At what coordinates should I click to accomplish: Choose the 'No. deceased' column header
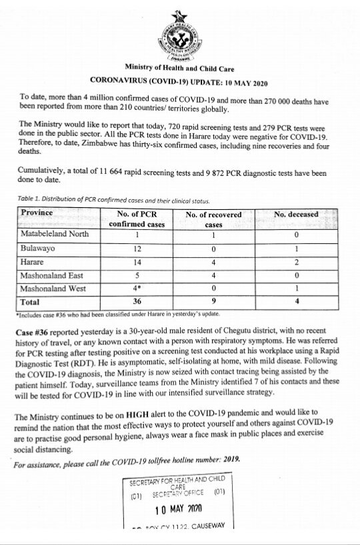(x=296, y=215)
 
